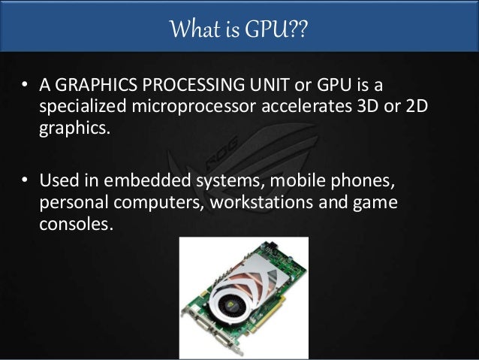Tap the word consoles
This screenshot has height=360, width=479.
(74, 224)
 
